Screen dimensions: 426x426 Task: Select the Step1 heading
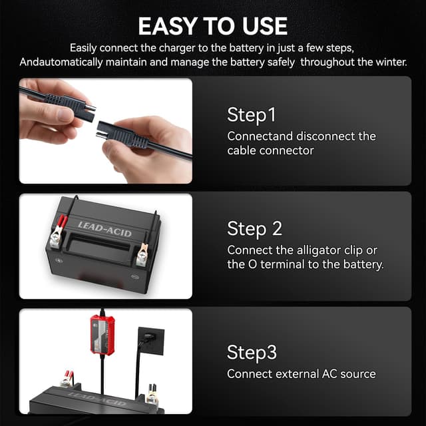tap(251, 114)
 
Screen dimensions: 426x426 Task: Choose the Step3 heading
tap(251, 352)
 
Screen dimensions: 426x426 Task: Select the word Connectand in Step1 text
tap(259, 136)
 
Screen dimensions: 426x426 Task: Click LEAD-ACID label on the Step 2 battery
tap(105, 228)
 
